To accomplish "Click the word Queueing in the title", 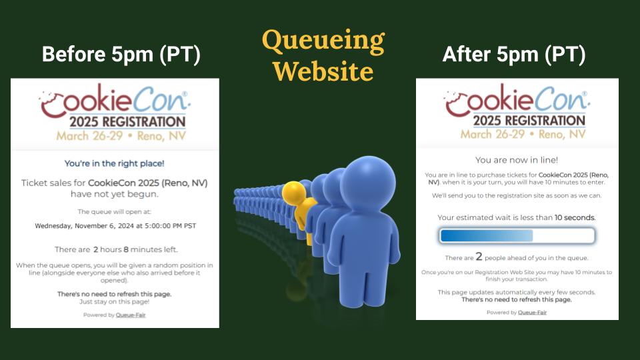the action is tap(323, 41).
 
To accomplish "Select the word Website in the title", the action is tap(323, 72).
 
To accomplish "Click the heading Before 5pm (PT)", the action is tap(121, 54).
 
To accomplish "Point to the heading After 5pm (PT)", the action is tap(514, 54).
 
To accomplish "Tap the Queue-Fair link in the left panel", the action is tap(131, 315).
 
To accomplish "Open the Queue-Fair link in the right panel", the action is tap(532, 313).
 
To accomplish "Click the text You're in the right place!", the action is tap(114, 164).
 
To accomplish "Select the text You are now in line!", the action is tap(517, 160).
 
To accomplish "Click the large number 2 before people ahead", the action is tap(479, 257).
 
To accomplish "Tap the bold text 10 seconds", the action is tap(575, 217).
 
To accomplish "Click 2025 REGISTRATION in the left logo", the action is tap(127, 121).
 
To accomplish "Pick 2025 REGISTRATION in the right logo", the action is tap(529, 121).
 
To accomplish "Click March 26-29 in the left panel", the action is tap(89, 136).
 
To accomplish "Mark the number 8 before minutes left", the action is tap(126, 249).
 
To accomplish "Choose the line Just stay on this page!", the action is tap(114, 302).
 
